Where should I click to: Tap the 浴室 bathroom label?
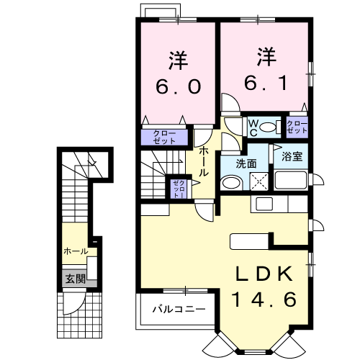click(x=292, y=156)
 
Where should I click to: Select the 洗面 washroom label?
click(x=247, y=163)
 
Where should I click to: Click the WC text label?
click(x=253, y=127)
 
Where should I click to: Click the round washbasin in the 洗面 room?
click(x=228, y=184)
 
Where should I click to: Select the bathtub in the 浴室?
click(x=294, y=181)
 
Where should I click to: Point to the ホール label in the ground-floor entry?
click(x=76, y=251)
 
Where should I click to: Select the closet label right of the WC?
click(x=297, y=128)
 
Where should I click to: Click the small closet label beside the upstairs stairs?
click(x=177, y=189)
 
